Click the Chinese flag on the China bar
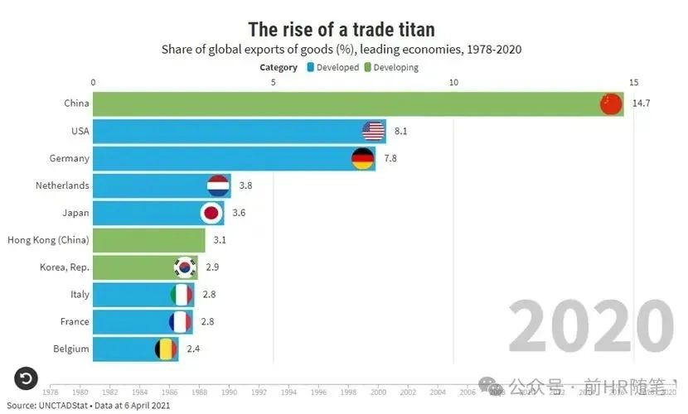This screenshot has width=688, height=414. tap(610, 103)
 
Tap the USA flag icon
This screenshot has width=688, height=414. tap(374, 131)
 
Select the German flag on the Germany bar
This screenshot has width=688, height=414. tap(363, 158)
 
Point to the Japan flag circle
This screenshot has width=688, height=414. tap(212, 213)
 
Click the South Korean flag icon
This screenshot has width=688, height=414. tap(185, 267)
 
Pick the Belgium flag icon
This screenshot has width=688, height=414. tap(167, 349)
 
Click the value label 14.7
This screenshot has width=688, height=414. tap(641, 103)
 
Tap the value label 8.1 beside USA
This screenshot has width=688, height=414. tap(401, 131)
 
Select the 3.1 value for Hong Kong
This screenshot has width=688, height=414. tap(220, 240)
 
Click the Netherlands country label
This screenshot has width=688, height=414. tap(62, 185)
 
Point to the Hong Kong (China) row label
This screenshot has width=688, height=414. tap(48, 240)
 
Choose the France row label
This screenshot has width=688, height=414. tap(75, 321)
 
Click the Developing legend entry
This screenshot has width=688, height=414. tap(396, 68)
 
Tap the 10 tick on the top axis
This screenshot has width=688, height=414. tap(453, 82)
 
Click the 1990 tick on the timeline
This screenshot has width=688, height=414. tap(229, 392)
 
